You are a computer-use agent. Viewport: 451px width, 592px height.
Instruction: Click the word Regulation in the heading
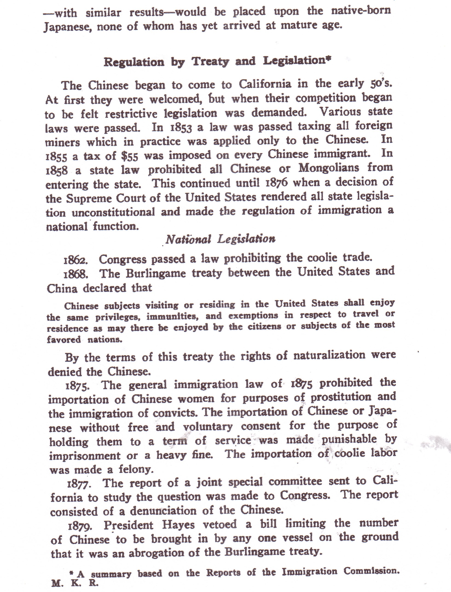134,62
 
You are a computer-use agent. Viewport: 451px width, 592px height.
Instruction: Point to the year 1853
181,128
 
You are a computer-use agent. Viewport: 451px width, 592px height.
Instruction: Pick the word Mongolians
329,169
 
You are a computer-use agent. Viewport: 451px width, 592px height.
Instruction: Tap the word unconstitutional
113,212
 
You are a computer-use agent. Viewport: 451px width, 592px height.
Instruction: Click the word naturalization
329,355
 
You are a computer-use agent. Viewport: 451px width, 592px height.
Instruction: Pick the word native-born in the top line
361,11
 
